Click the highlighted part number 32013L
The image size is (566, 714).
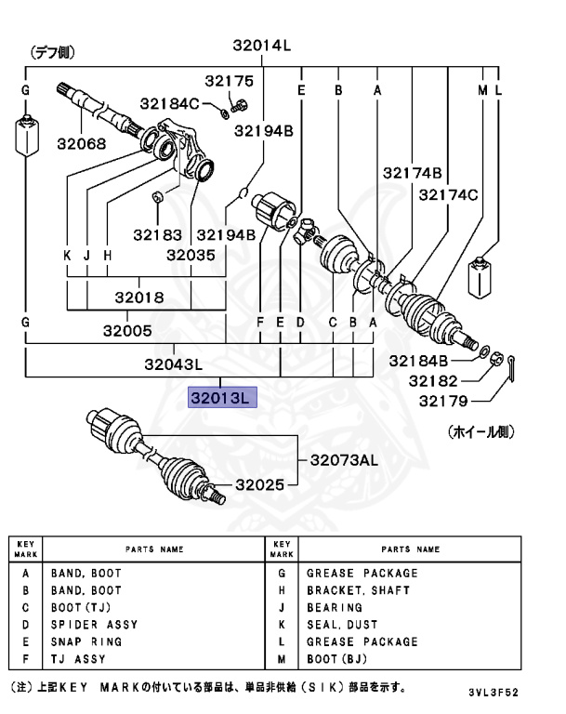pyautogui.click(x=221, y=398)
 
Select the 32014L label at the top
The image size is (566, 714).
pyautogui.click(x=262, y=45)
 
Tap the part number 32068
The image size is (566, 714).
pyautogui.click(x=81, y=144)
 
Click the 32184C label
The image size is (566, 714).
pyautogui.click(x=170, y=102)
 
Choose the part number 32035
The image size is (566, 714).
pyautogui.click(x=191, y=254)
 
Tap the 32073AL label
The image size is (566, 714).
pyautogui.click(x=344, y=460)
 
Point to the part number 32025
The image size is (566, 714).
pyautogui.click(x=261, y=484)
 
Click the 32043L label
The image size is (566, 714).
pyautogui.click(x=172, y=365)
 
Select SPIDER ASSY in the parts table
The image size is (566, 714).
pyautogui.click(x=95, y=624)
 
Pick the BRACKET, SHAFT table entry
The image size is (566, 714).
pyautogui.click(x=358, y=590)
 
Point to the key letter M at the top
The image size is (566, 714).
pyautogui.click(x=482, y=90)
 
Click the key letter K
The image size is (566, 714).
pyautogui.click(x=67, y=255)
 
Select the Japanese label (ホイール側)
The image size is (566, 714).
pyautogui.click(x=480, y=432)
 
